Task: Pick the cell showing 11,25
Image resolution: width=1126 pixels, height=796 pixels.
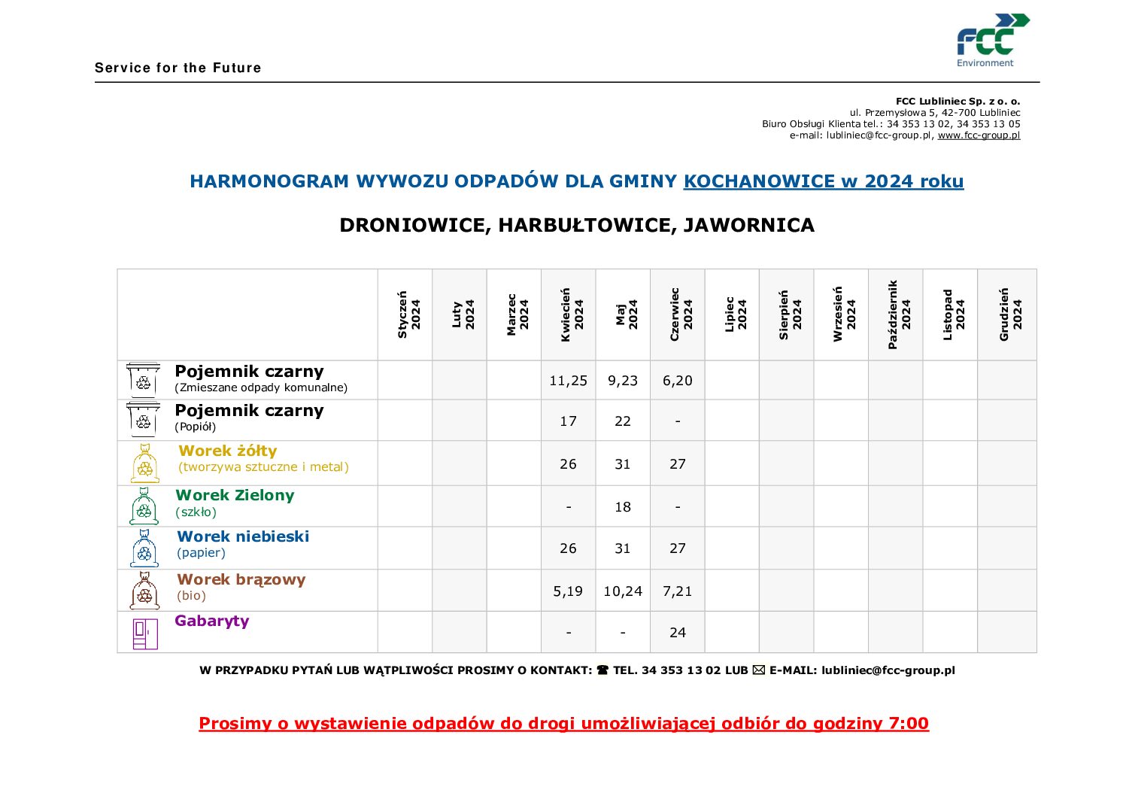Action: [568, 381]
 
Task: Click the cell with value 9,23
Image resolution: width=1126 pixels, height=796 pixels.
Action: [623, 381]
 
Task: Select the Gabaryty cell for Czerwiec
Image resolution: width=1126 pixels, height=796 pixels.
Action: [677, 633]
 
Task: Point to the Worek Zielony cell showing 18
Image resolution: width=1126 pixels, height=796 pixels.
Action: [623, 507]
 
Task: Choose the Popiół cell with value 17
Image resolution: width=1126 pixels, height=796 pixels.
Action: [568, 421]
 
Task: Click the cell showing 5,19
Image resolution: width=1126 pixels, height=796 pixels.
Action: [568, 591]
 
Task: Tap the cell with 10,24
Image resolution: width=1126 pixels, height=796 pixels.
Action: [623, 591]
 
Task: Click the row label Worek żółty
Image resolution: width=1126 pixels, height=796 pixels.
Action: [228, 451]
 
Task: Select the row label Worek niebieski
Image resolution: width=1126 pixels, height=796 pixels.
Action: [243, 536]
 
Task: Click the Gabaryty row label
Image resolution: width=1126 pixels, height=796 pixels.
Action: [212, 621]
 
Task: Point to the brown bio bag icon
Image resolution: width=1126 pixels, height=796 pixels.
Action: [144, 591]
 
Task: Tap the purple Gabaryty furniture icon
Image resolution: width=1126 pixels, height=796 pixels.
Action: [145, 633]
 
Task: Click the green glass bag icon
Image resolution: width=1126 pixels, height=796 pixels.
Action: [144, 506]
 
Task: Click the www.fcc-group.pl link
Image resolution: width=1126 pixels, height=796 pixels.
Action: [979, 135]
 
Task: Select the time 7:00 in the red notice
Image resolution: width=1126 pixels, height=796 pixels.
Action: [909, 724]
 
